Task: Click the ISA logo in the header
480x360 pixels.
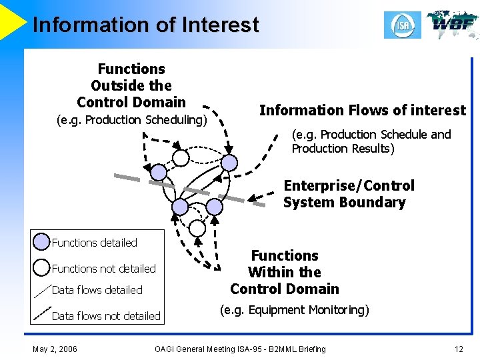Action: click(x=402, y=25)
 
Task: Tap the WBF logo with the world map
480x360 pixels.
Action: click(x=452, y=24)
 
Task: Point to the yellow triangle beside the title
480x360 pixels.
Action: click(x=11, y=20)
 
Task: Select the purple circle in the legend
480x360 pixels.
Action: click(x=41, y=242)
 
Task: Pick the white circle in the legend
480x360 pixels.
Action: click(x=41, y=268)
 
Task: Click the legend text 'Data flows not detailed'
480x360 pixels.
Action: click(x=106, y=316)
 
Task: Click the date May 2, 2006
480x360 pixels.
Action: click(x=55, y=349)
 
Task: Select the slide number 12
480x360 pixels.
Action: click(x=458, y=349)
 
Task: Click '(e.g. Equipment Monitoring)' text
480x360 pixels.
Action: click(x=294, y=310)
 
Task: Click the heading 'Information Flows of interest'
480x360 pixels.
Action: click(x=362, y=110)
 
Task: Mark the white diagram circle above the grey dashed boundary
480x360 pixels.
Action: click(x=181, y=158)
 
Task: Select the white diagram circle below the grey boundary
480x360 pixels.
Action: click(x=197, y=229)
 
